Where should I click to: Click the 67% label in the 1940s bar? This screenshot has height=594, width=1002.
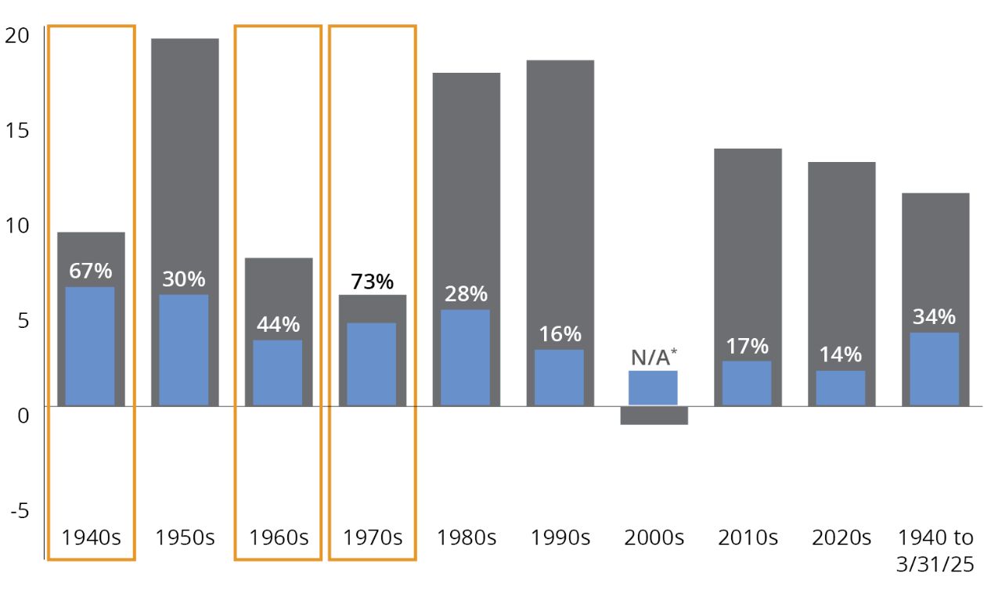click(90, 271)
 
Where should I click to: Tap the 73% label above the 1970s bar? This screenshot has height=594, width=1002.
click(372, 282)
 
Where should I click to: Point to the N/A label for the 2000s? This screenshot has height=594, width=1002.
click(653, 358)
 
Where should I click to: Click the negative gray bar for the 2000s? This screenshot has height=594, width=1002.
click(654, 415)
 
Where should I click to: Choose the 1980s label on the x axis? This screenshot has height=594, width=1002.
click(466, 538)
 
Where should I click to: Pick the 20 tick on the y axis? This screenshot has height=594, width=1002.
click(16, 35)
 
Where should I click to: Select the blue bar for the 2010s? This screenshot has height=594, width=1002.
click(747, 383)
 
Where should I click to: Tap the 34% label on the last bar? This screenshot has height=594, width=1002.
click(934, 317)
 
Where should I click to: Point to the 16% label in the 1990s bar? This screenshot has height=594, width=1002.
click(560, 334)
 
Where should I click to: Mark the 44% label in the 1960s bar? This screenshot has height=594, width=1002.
click(278, 324)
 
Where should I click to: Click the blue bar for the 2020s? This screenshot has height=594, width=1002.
click(841, 387)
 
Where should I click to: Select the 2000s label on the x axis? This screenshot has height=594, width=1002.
click(654, 538)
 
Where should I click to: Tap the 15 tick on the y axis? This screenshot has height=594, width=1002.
click(16, 130)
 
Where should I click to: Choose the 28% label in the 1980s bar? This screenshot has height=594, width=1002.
click(466, 294)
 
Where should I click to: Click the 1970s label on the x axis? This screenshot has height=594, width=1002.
click(372, 538)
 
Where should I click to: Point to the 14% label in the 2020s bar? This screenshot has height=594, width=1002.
click(841, 355)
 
